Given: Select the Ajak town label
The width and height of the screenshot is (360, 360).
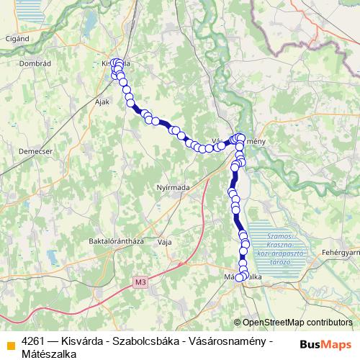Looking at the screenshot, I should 102,102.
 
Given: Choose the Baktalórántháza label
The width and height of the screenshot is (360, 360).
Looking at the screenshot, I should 116,241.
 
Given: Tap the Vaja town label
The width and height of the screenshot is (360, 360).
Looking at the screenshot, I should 164,242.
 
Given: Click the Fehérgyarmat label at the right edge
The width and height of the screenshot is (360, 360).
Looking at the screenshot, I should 341,253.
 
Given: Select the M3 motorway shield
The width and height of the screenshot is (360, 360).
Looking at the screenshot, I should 140,282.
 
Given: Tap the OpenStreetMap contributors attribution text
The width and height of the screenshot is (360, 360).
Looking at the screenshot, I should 297,323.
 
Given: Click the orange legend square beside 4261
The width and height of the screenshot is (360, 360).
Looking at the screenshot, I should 11,343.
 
